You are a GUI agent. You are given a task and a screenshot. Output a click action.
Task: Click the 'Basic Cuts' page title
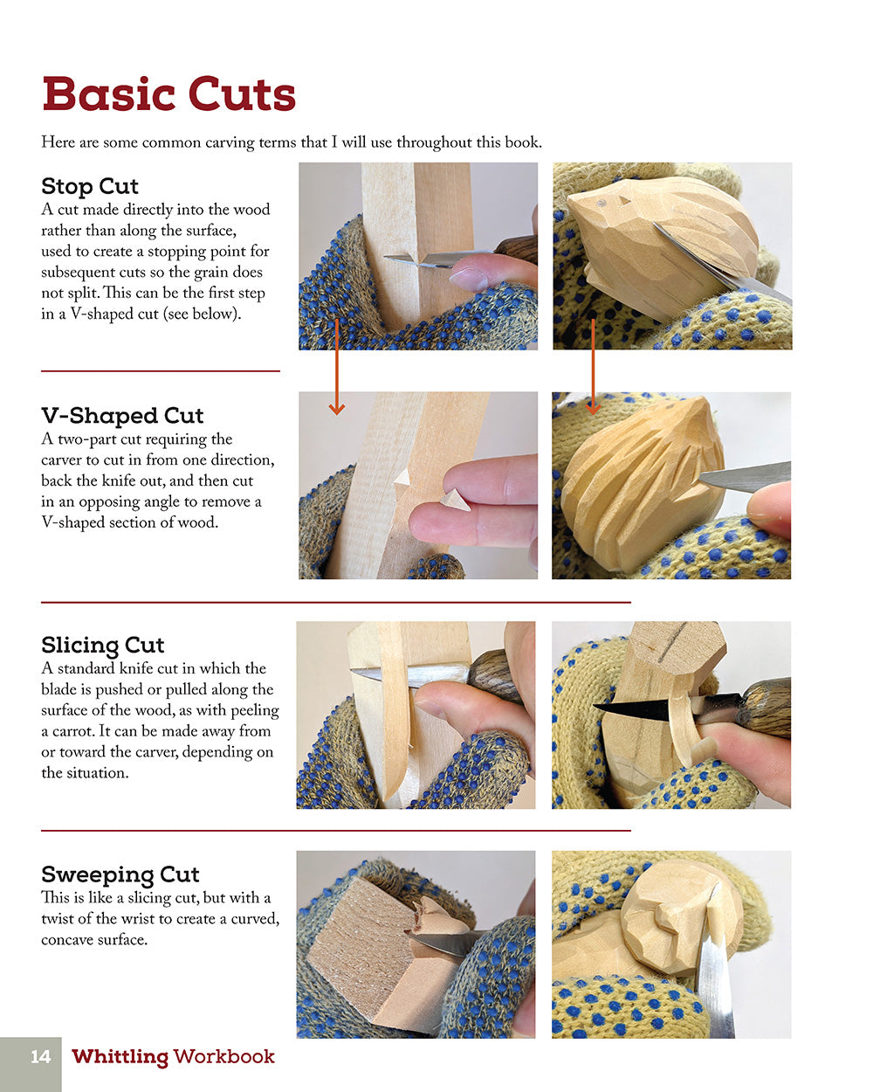168,93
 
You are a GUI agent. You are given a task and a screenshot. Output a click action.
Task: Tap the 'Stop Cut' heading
90,186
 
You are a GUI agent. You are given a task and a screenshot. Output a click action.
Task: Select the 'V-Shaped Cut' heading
122,415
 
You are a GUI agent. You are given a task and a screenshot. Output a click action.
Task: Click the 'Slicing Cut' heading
102,645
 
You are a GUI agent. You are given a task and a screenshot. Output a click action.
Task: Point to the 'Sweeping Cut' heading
120,874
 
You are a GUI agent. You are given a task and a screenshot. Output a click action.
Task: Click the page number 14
40,1057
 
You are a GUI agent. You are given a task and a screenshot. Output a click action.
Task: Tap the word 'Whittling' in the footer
120,1057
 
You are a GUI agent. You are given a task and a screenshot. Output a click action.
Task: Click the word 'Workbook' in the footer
224,1057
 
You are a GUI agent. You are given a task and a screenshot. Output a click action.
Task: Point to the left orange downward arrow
336,367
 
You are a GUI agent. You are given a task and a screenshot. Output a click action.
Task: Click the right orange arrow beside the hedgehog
593,367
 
